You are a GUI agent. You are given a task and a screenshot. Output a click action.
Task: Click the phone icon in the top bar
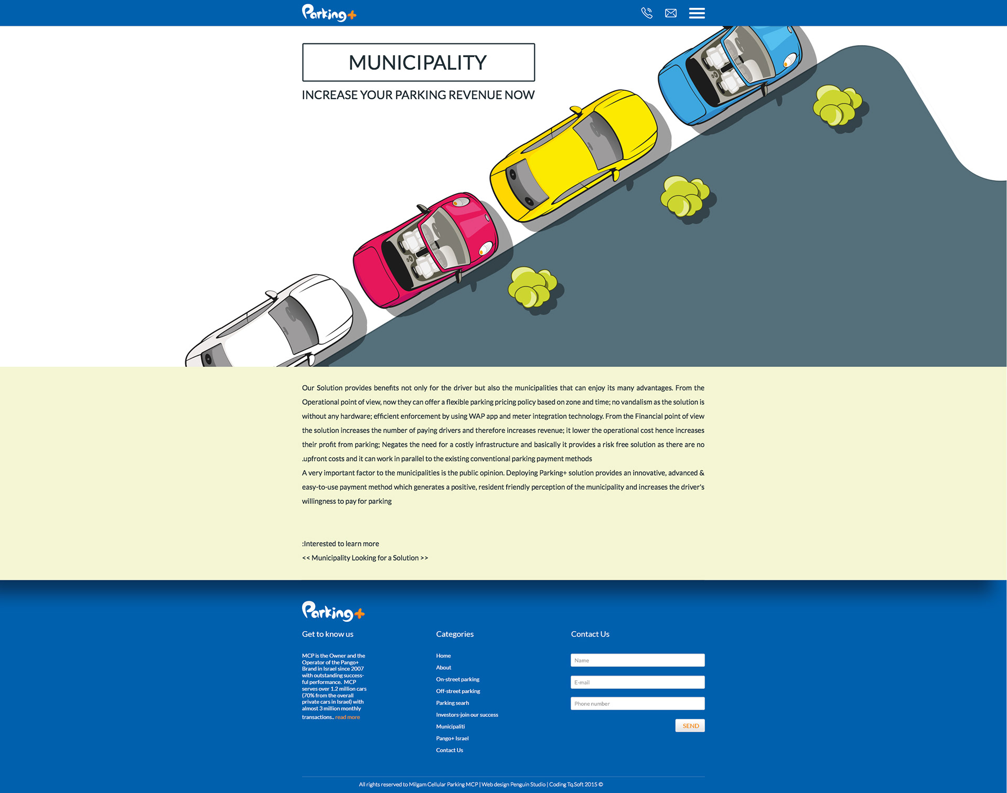click(x=647, y=13)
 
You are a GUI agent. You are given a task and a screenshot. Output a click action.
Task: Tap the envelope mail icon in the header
click(x=671, y=13)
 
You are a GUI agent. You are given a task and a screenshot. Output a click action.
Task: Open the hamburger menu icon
click(x=697, y=13)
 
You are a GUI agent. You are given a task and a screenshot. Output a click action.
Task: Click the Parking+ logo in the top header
click(x=329, y=13)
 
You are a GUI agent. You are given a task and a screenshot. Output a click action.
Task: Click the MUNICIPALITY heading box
click(x=418, y=62)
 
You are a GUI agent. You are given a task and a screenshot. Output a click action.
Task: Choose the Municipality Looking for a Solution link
click(x=365, y=558)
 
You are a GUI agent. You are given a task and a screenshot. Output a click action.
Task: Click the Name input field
click(x=637, y=660)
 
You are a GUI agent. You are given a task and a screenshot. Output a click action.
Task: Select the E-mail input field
click(x=637, y=682)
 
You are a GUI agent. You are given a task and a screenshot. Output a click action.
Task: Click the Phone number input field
click(x=637, y=704)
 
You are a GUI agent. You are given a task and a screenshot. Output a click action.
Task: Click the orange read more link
click(x=347, y=717)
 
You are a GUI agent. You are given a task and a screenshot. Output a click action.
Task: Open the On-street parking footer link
click(x=457, y=680)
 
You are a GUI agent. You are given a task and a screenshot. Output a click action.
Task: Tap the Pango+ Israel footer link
click(x=452, y=738)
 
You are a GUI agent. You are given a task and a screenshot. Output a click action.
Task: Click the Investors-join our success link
click(x=467, y=715)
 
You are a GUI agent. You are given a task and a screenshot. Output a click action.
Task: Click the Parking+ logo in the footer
click(x=333, y=611)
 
